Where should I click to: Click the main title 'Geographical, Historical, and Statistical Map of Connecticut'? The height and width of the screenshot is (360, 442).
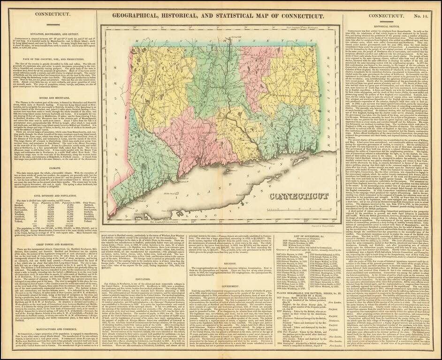tap(221, 16)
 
